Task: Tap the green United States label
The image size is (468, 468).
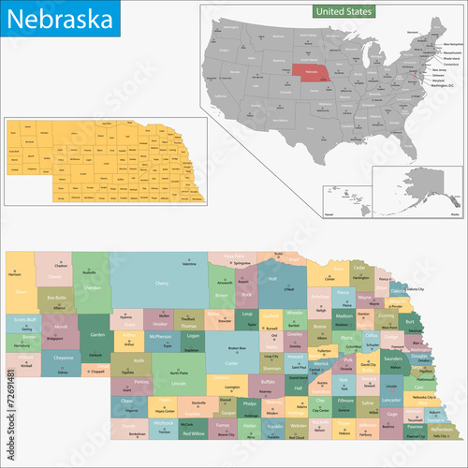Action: pos(342,11)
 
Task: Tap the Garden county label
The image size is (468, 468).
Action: pos(98,334)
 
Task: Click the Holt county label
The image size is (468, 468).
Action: pos(272,278)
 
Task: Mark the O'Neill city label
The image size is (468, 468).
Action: pos(274,289)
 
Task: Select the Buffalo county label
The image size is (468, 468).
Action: pos(268,383)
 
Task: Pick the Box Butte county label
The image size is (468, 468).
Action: pos(57,298)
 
